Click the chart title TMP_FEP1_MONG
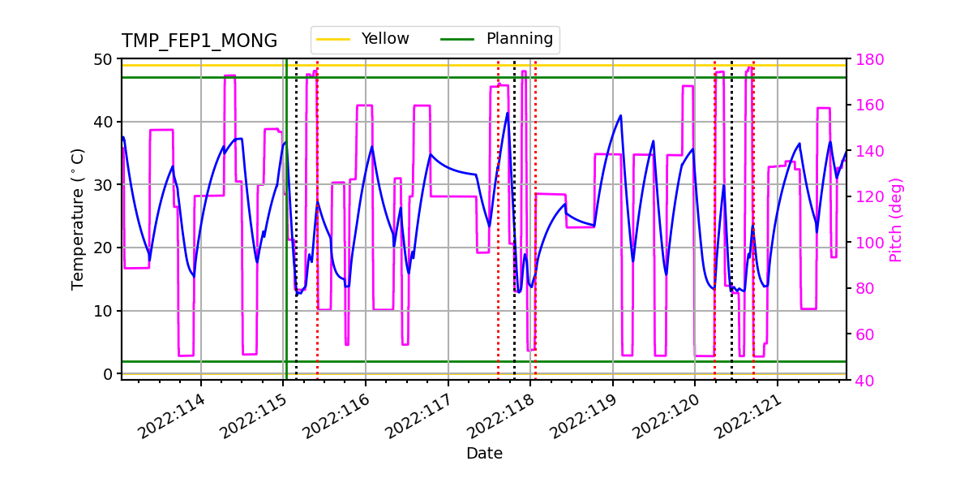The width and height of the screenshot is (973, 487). [x=199, y=41]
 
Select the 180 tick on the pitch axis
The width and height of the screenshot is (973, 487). [x=865, y=59]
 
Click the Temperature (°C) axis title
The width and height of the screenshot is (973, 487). [x=78, y=218]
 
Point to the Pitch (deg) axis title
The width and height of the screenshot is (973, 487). [x=895, y=219]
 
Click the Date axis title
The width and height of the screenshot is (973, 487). [x=484, y=454]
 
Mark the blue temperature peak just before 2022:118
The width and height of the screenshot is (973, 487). [x=508, y=113]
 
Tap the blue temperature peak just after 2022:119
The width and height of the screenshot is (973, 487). [x=620, y=115]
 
